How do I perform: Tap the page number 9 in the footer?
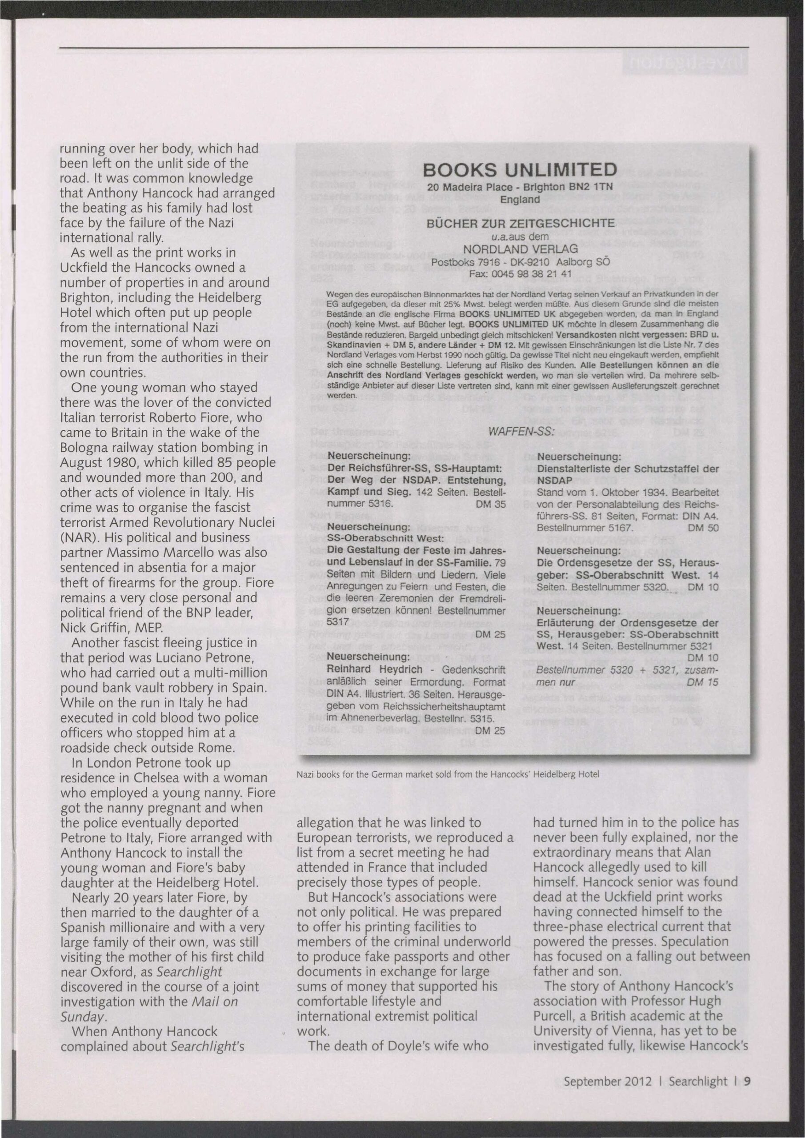pyautogui.click(x=746, y=1082)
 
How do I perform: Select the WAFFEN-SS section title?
pyautogui.click(x=521, y=432)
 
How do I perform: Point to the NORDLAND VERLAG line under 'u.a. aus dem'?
pyautogui.click(x=520, y=248)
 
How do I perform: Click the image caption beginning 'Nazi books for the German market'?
pyautogui.click(x=448, y=774)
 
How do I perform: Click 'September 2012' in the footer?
pyautogui.click(x=607, y=1082)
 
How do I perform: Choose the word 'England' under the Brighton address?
pyautogui.click(x=520, y=200)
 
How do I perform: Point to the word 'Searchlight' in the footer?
pyautogui.click(x=698, y=1082)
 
